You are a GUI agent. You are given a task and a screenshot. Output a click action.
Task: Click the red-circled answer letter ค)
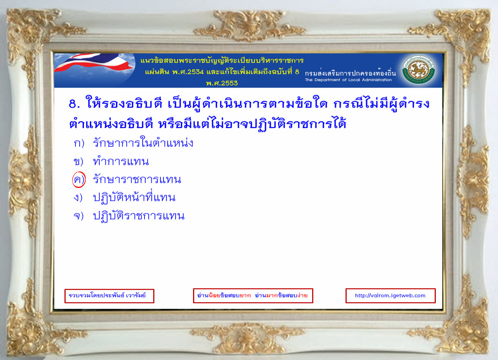click(x=79, y=180)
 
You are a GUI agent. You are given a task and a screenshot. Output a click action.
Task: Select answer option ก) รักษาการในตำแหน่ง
click(x=134, y=142)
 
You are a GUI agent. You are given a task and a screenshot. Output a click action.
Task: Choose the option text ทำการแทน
click(x=121, y=161)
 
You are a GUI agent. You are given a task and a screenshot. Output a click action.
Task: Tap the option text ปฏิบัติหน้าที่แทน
click(x=134, y=197)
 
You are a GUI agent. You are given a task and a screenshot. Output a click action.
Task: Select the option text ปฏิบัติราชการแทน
click(x=139, y=215)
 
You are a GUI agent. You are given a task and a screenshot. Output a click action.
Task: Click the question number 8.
click(x=74, y=104)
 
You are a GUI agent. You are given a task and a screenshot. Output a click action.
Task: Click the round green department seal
click(x=419, y=69)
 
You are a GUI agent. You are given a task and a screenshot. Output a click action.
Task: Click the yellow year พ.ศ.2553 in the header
click(x=222, y=83)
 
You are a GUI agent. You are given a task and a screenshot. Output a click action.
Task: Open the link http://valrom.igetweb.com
click(x=390, y=295)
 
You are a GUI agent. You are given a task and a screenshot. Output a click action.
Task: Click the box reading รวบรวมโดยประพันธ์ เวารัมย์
click(x=109, y=296)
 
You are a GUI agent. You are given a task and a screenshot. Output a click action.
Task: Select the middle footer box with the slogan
click(x=253, y=296)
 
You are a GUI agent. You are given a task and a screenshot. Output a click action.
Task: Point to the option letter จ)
click(x=79, y=216)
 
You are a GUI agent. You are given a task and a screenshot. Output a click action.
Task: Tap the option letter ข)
click(x=78, y=162)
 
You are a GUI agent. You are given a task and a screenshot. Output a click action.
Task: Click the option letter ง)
click(x=78, y=197)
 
